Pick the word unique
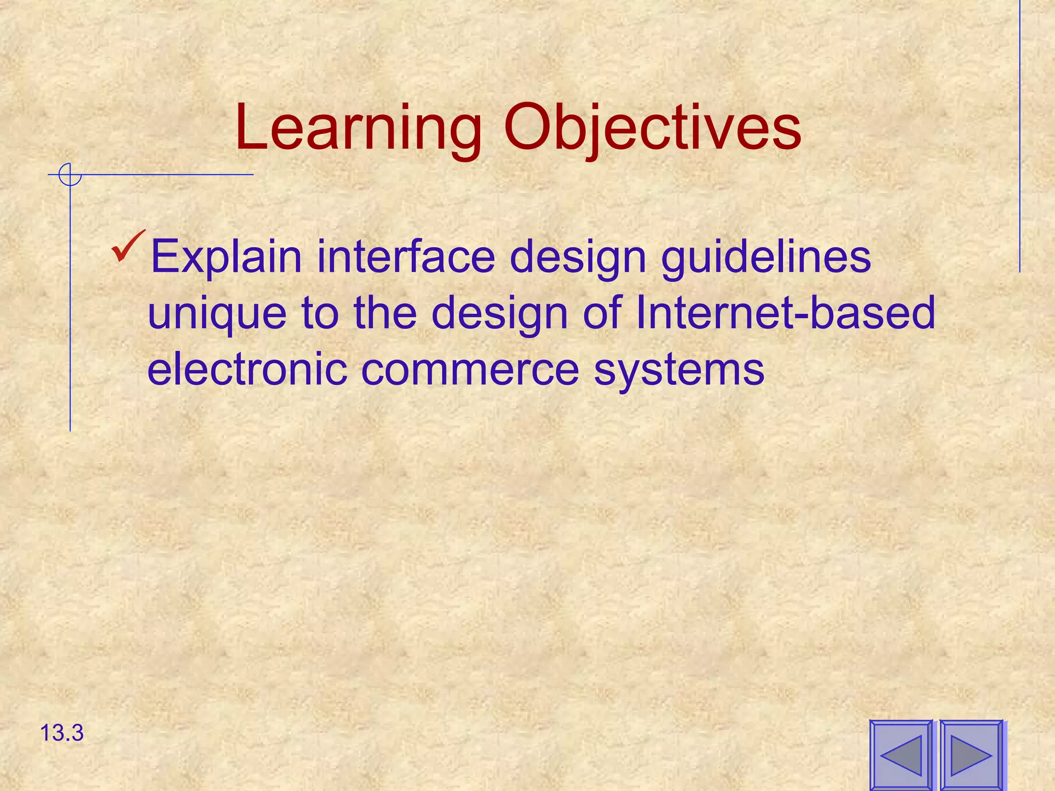click(x=217, y=314)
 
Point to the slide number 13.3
click(x=61, y=733)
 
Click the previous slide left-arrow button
click(x=901, y=755)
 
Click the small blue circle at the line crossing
click(x=70, y=175)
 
